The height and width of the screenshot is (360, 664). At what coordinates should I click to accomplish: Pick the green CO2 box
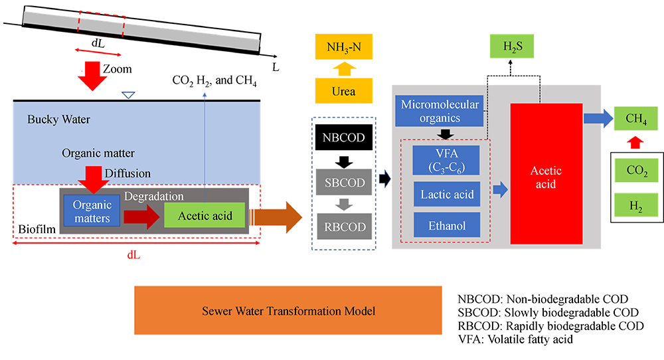637,171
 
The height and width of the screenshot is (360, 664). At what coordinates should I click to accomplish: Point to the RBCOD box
345,227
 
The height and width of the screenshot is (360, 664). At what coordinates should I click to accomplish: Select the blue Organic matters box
92,211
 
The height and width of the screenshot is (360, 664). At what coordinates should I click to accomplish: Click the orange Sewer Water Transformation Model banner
288,311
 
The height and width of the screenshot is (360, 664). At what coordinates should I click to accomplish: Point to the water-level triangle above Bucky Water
129,96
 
